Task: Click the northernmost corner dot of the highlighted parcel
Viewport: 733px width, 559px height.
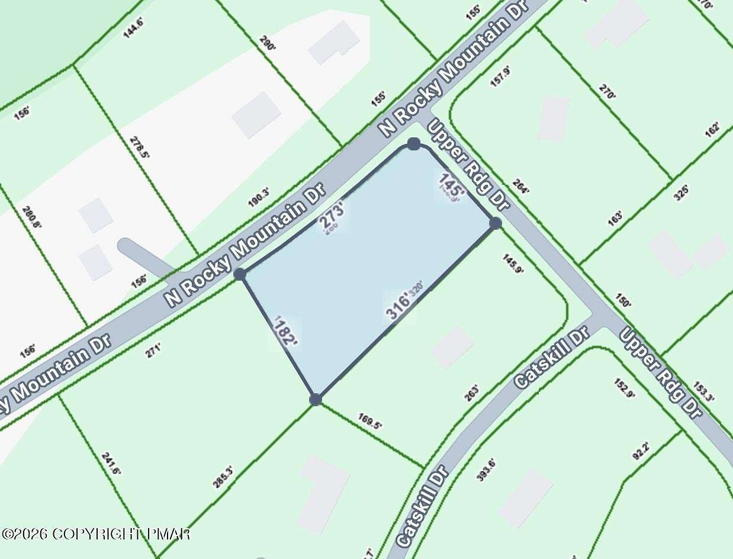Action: (x=414, y=144)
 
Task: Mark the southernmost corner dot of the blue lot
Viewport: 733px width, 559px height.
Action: (x=316, y=399)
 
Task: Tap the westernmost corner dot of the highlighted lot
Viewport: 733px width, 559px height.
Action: (x=240, y=274)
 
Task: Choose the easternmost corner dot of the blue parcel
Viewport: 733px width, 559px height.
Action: (x=496, y=223)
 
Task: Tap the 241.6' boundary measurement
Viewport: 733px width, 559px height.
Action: (x=111, y=464)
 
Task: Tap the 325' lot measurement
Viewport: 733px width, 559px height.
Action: (x=682, y=192)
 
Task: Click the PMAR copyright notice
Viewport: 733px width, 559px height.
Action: (x=96, y=534)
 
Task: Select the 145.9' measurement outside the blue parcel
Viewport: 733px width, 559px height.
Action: (x=513, y=264)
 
